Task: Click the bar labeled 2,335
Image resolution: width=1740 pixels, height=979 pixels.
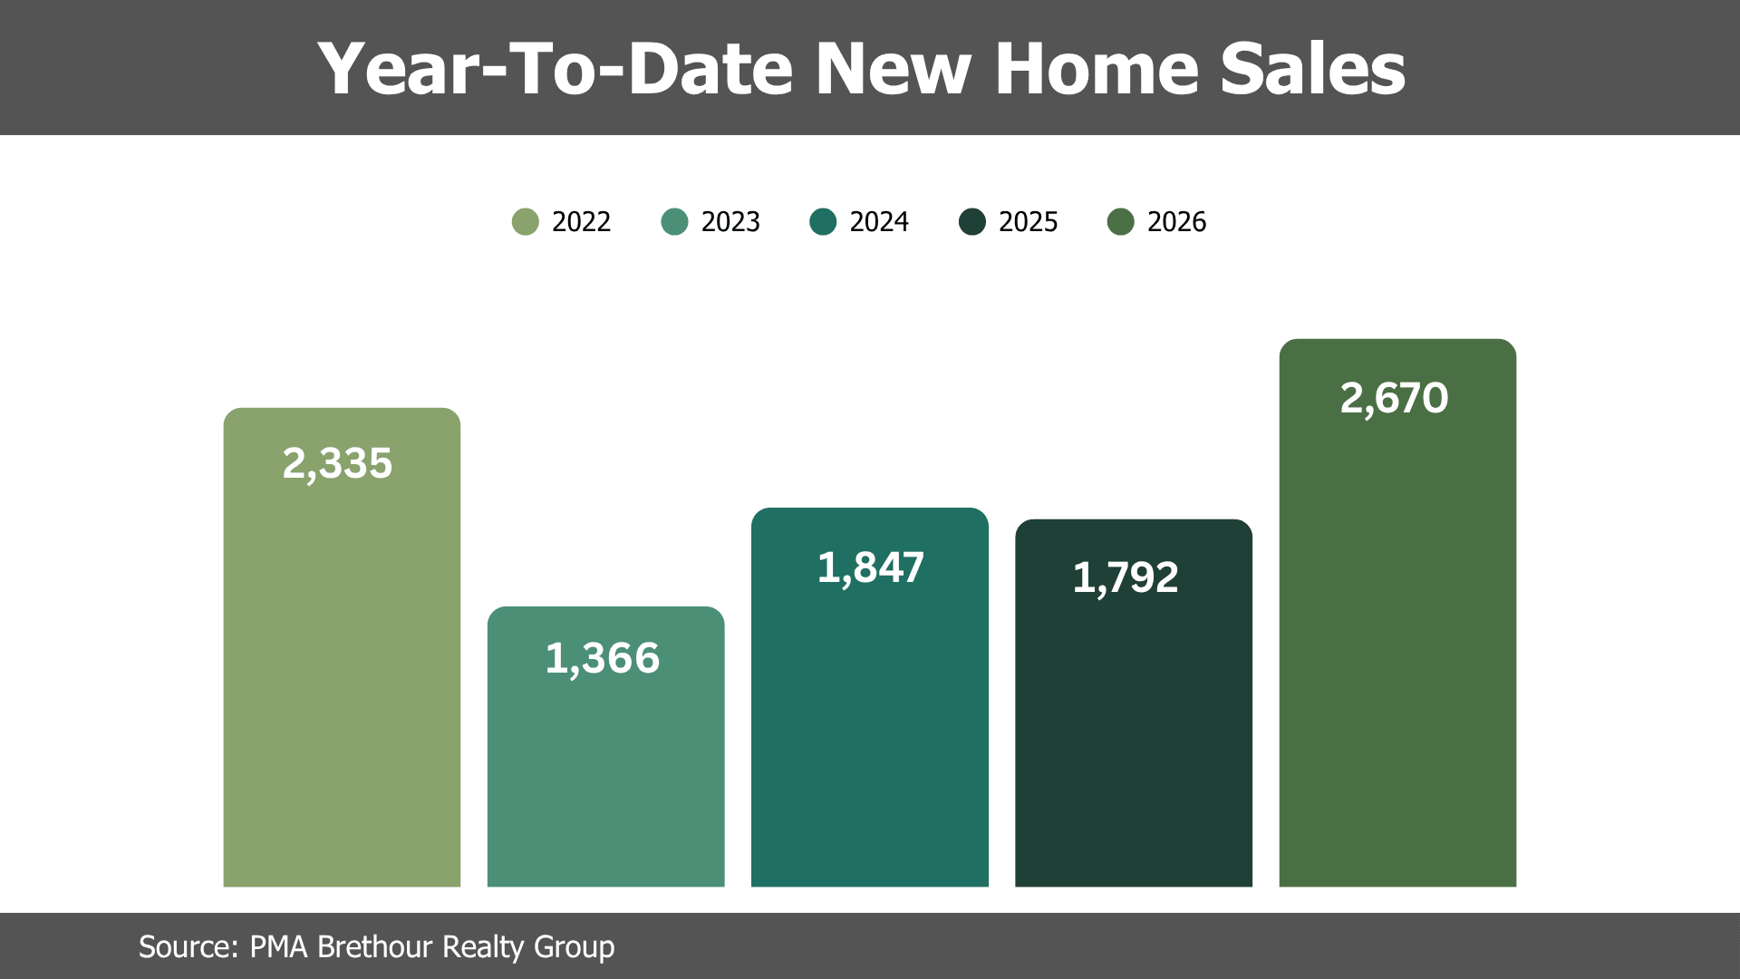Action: [x=342, y=647]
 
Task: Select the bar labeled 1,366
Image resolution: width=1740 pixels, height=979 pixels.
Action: [x=605, y=747]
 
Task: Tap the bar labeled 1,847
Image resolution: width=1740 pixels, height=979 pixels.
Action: [x=870, y=697]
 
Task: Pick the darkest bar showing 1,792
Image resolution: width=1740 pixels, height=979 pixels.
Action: [x=1134, y=703]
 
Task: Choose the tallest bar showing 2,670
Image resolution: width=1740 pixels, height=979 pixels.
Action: [x=1397, y=613]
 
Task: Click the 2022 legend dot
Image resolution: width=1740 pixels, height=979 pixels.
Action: [x=526, y=222]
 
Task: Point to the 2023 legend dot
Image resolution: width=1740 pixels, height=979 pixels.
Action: [x=675, y=222]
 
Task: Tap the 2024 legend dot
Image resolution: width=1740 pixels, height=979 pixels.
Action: [x=823, y=222]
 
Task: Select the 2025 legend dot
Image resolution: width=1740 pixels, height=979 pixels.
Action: [x=972, y=222]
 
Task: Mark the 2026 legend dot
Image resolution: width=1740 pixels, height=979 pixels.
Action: [x=1121, y=222]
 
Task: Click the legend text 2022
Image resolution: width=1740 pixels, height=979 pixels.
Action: [x=581, y=222]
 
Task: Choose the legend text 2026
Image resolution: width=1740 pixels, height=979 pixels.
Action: [x=1176, y=222]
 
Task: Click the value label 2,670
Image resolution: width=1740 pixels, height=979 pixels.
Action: [x=1394, y=399]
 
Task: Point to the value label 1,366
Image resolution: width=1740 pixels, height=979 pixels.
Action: [x=603, y=659]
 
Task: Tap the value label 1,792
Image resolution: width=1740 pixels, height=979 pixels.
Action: [x=1126, y=578]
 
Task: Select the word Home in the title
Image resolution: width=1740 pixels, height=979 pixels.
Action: [x=1097, y=69]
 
